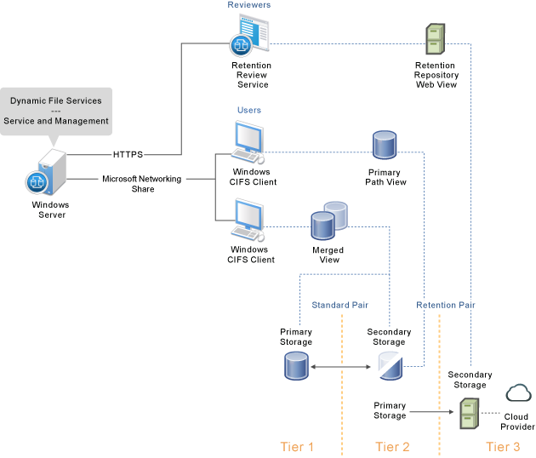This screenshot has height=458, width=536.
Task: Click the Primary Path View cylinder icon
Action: tap(385, 147)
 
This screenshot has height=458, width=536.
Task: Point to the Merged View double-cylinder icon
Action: tap(328, 221)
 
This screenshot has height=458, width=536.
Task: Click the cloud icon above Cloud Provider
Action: tap(518, 393)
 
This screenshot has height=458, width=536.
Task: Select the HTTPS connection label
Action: tap(128, 155)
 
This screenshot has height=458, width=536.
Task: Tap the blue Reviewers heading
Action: tap(248, 5)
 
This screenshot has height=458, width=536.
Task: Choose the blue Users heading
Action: tap(248, 111)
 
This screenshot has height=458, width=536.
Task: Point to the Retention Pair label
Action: tap(446, 305)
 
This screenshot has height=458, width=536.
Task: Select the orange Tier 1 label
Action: tap(297, 446)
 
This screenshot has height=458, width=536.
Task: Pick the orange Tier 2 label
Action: tap(392, 446)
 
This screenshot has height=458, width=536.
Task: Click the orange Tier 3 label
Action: tap(504, 446)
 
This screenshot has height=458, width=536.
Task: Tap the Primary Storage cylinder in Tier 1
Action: tap(296, 367)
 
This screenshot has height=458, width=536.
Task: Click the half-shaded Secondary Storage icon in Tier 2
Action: tap(389, 367)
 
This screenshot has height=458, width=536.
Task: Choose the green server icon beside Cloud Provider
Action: tap(469, 414)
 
